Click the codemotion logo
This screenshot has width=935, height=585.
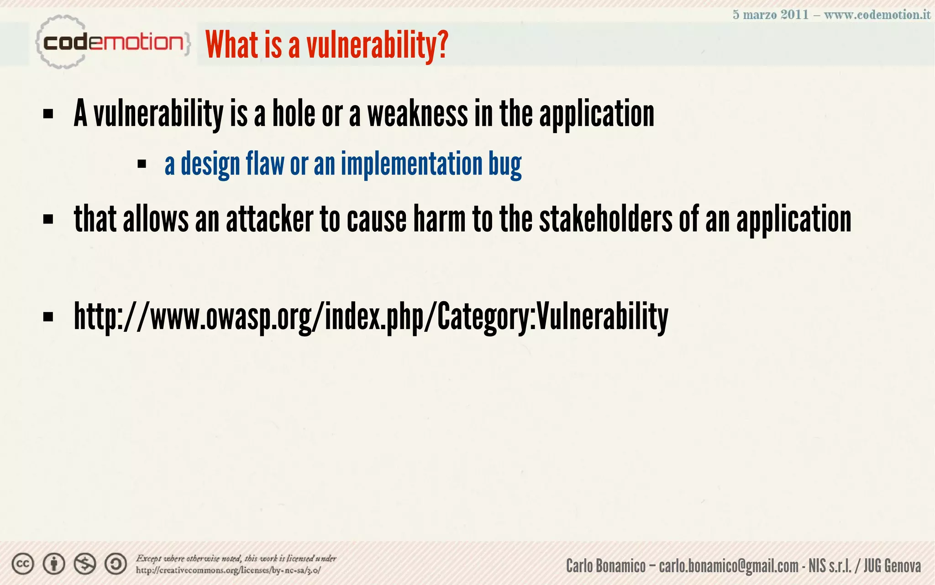pyautogui.click(x=112, y=43)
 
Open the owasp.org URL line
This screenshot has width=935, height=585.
pyautogui.click(x=371, y=316)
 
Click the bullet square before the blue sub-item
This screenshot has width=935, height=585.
pyautogui.click(x=142, y=164)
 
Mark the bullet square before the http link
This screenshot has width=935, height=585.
pyautogui.click(x=48, y=316)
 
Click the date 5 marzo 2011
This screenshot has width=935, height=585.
pyautogui.click(x=771, y=15)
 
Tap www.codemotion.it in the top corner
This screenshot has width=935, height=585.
pyautogui.click(x=877, y=15)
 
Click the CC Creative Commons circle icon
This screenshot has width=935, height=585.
pyautogui.click(x=23, y=564)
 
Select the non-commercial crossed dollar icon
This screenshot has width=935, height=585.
pyautogui.click(x=85, y=564)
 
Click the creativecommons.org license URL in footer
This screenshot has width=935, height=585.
pyautogui.click(x=228, y=570)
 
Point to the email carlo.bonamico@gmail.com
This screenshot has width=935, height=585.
pyautogui.click(x=729, y=566)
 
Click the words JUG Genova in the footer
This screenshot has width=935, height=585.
pyautogui.click(x=892, y=566)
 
